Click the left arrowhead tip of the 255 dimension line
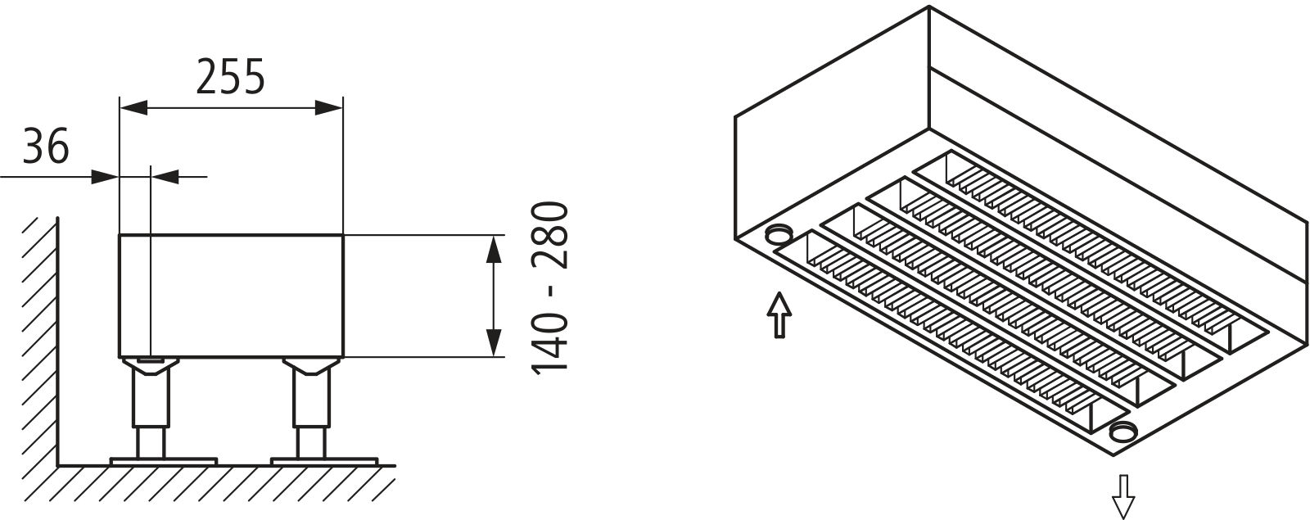120,107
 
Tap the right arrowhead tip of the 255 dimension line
342,107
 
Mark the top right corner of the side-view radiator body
343,235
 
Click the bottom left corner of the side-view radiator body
120,357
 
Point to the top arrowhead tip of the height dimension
495,236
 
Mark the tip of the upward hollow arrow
779,293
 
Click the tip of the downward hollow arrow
1123,518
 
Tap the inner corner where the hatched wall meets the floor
58,466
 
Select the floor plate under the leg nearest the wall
164,461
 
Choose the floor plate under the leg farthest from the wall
324,461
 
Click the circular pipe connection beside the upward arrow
779,235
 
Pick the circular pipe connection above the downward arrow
1123,449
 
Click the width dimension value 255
230,77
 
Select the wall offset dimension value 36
46,146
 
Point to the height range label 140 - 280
549,287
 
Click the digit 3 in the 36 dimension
34,146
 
